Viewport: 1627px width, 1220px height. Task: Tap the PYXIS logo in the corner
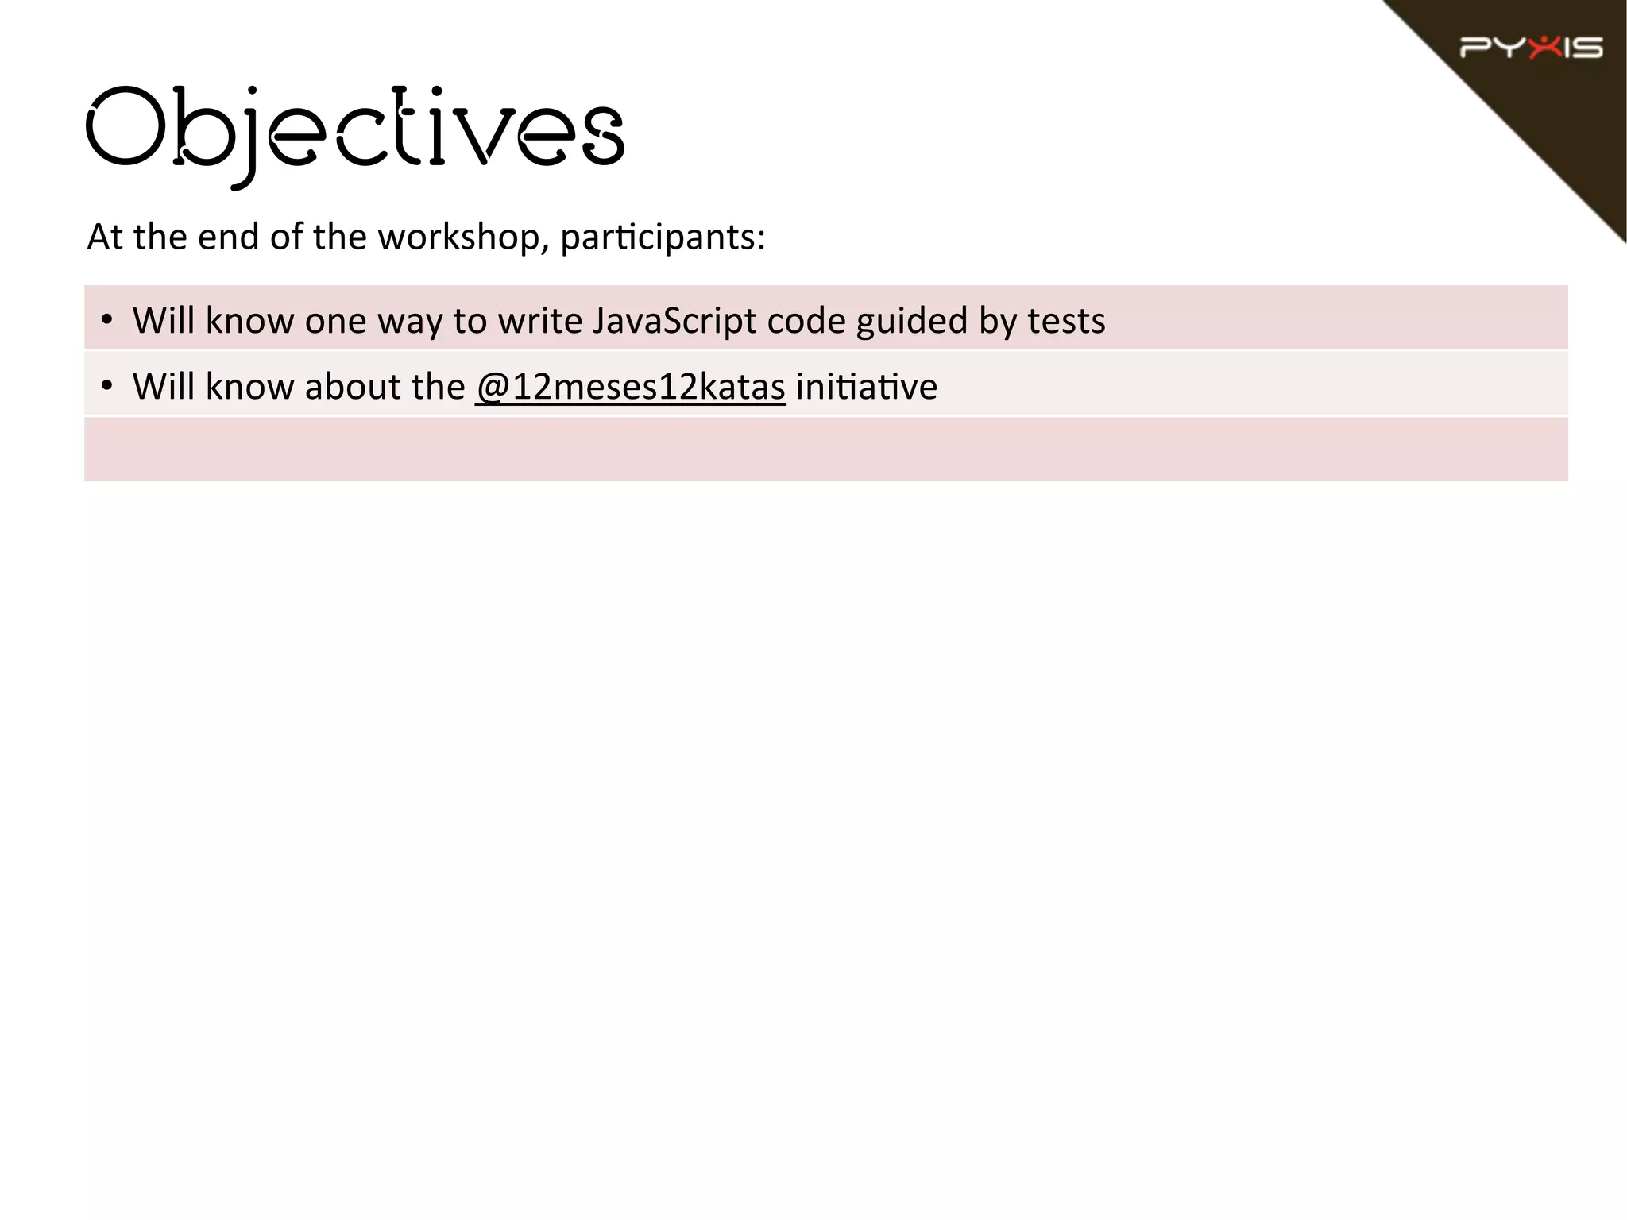tap(1531, 48)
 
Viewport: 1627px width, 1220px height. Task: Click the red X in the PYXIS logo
tap(1544, 47)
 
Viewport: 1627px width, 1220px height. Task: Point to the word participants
tap(663, 237)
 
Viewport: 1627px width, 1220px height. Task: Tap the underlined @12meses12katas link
tap(631, 387)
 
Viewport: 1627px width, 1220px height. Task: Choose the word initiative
tap(866, 387)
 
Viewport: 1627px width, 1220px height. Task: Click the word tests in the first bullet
tap(1066, 321)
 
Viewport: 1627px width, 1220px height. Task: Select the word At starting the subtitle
tap(105, 237)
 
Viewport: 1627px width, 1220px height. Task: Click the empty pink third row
tap(825, 449)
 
